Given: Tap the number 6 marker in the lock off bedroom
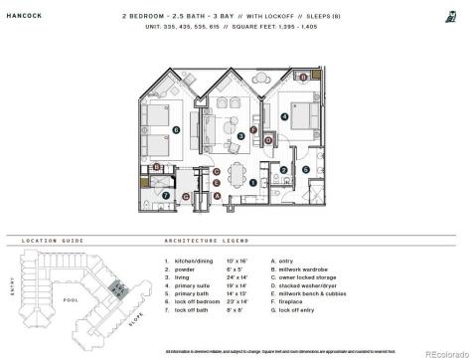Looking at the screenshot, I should click(176, 129).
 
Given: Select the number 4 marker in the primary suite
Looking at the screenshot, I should click(285, 116).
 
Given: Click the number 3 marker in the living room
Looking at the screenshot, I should click(241, 136).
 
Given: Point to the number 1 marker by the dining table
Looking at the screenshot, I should click(252, 182).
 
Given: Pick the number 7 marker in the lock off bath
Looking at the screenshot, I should click(167, 196).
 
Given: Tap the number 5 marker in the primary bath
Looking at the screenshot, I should click(306, 169).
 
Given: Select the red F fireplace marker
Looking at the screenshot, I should click(253, 130).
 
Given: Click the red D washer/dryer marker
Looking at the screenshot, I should click(268, 140).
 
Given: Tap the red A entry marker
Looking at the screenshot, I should click(218, 195).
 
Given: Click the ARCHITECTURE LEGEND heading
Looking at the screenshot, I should click(206, 240).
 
